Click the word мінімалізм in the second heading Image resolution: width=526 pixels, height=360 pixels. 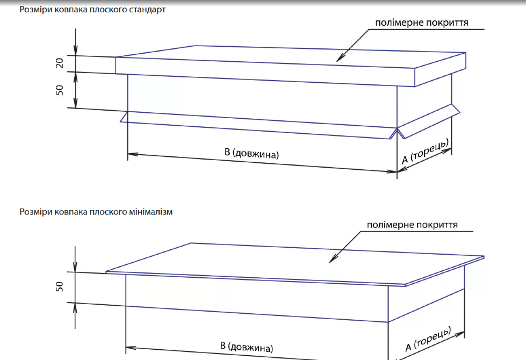pyautogui.click(x=148, y=212)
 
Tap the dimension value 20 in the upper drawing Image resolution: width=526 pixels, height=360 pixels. pyautogui.click(x=60, y=63)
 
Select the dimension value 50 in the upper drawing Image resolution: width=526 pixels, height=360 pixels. pyautogui.click(x=60, y=90)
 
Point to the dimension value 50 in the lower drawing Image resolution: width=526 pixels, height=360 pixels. pyautogui.click(x=60, y=286)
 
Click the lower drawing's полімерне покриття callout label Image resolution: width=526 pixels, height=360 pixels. pyautogui.click(x=413, y=225)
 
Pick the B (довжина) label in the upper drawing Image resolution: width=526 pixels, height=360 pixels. pyautogui.click(x=251, y=153)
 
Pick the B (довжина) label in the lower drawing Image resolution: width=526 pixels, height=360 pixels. pyautogui.click(x=247, y=346)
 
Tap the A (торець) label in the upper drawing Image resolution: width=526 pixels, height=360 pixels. pyautogui.click(x=426, y=152)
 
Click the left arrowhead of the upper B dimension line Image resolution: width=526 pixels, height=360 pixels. pyautogui.click(x=131, y=155)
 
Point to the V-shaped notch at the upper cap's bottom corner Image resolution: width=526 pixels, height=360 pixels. pyautogui.click(x=397, y=131)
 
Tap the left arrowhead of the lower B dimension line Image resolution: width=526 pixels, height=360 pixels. pyautogui.click(x=129, y=347)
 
